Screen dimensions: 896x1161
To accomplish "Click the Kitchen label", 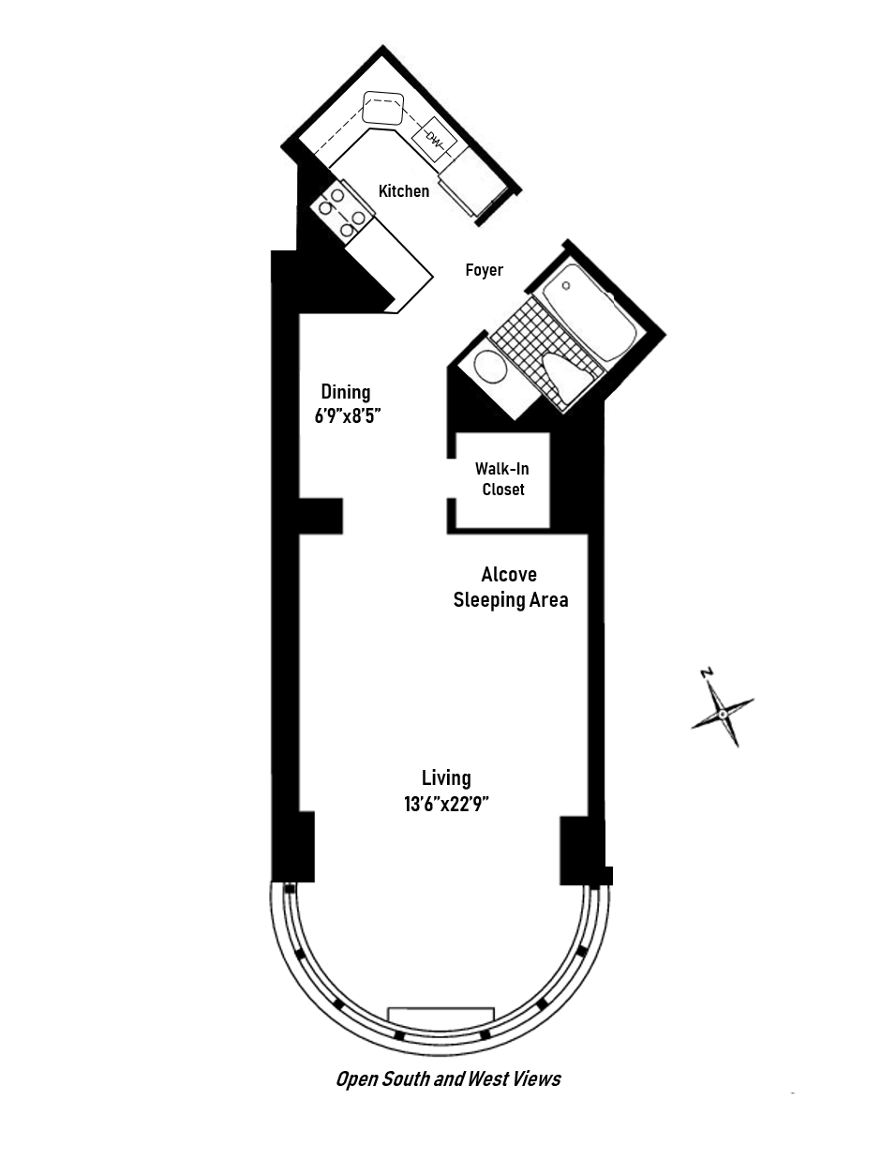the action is click(403, 191).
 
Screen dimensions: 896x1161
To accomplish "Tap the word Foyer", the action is click(484, 270).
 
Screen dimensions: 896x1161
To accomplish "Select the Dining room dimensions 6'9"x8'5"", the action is click(347, 415).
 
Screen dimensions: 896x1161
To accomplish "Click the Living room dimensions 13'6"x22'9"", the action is click(447, 804).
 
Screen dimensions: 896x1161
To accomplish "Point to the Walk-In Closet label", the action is click(502, 478).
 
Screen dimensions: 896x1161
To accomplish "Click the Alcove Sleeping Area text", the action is click(511, 587).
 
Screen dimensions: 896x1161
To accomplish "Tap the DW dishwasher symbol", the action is click(434, 141).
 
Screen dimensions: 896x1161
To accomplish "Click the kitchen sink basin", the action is click(382, 109).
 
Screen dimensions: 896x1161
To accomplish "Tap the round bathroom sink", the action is click(490, 367).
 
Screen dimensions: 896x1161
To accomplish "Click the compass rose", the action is click(723, 714).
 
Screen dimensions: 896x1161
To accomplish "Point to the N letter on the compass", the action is click(707, 672).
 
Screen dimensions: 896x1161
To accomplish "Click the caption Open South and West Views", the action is click(448, 1079).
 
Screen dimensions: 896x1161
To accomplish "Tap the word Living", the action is click(446, 777).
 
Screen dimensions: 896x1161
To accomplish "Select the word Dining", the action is click(346, 392).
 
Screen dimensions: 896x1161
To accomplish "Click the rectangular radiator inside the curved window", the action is click(441, 1016).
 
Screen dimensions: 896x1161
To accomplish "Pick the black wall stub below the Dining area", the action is click(321, 516).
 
